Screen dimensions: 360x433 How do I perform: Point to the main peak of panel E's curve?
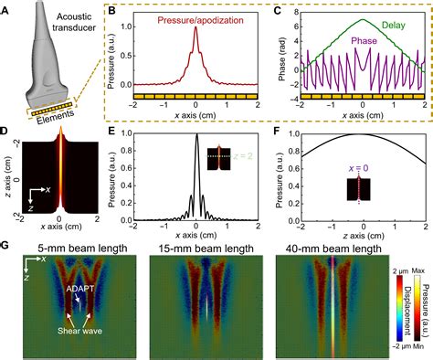point(197,138)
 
